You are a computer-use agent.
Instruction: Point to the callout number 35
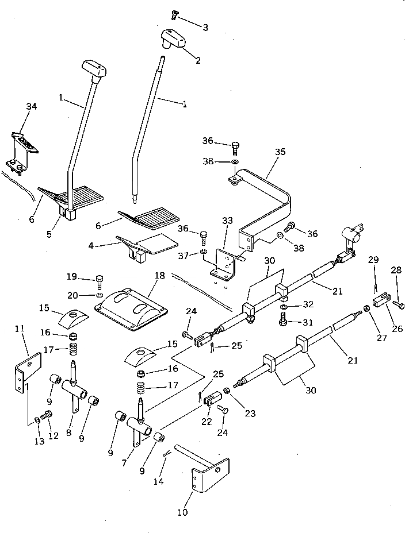280,152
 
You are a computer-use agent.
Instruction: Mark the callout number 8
69,433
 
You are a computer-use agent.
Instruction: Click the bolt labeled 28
400,305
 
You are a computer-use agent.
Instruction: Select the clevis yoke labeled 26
379,300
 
